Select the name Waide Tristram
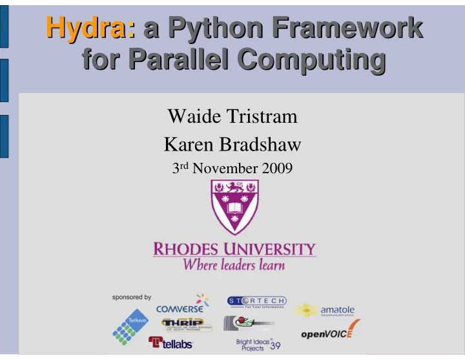point(232,117)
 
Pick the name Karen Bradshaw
point(232,143)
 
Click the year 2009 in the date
point(275,169)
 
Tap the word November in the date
point(223,169)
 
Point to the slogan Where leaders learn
point(234,264)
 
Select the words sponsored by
point(132,298)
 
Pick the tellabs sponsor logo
point(170,342)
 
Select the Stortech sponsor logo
point(256,302)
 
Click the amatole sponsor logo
point(325,311)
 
